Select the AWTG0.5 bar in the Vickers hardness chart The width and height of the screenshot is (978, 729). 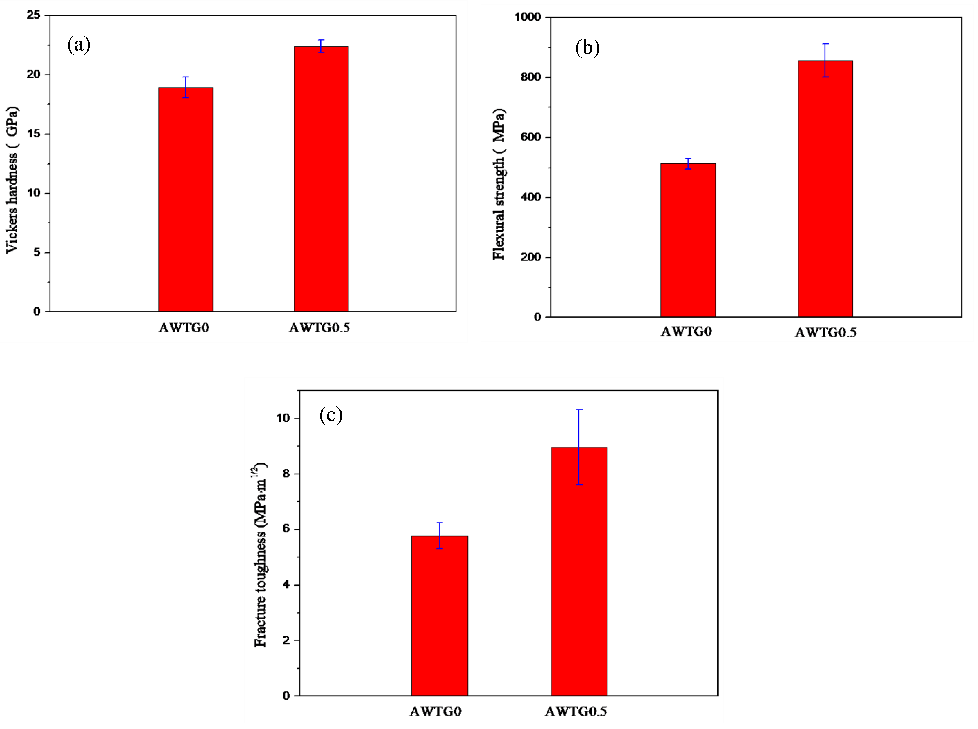321,179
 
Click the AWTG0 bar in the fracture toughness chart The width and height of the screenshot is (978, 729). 439,616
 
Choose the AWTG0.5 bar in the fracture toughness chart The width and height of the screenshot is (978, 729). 579,571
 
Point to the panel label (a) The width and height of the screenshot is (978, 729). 79,45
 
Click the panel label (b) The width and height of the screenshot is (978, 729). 587,48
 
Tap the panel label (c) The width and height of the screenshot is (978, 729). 331,415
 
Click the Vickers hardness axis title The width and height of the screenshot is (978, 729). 12,180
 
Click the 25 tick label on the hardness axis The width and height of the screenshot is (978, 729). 33,15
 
